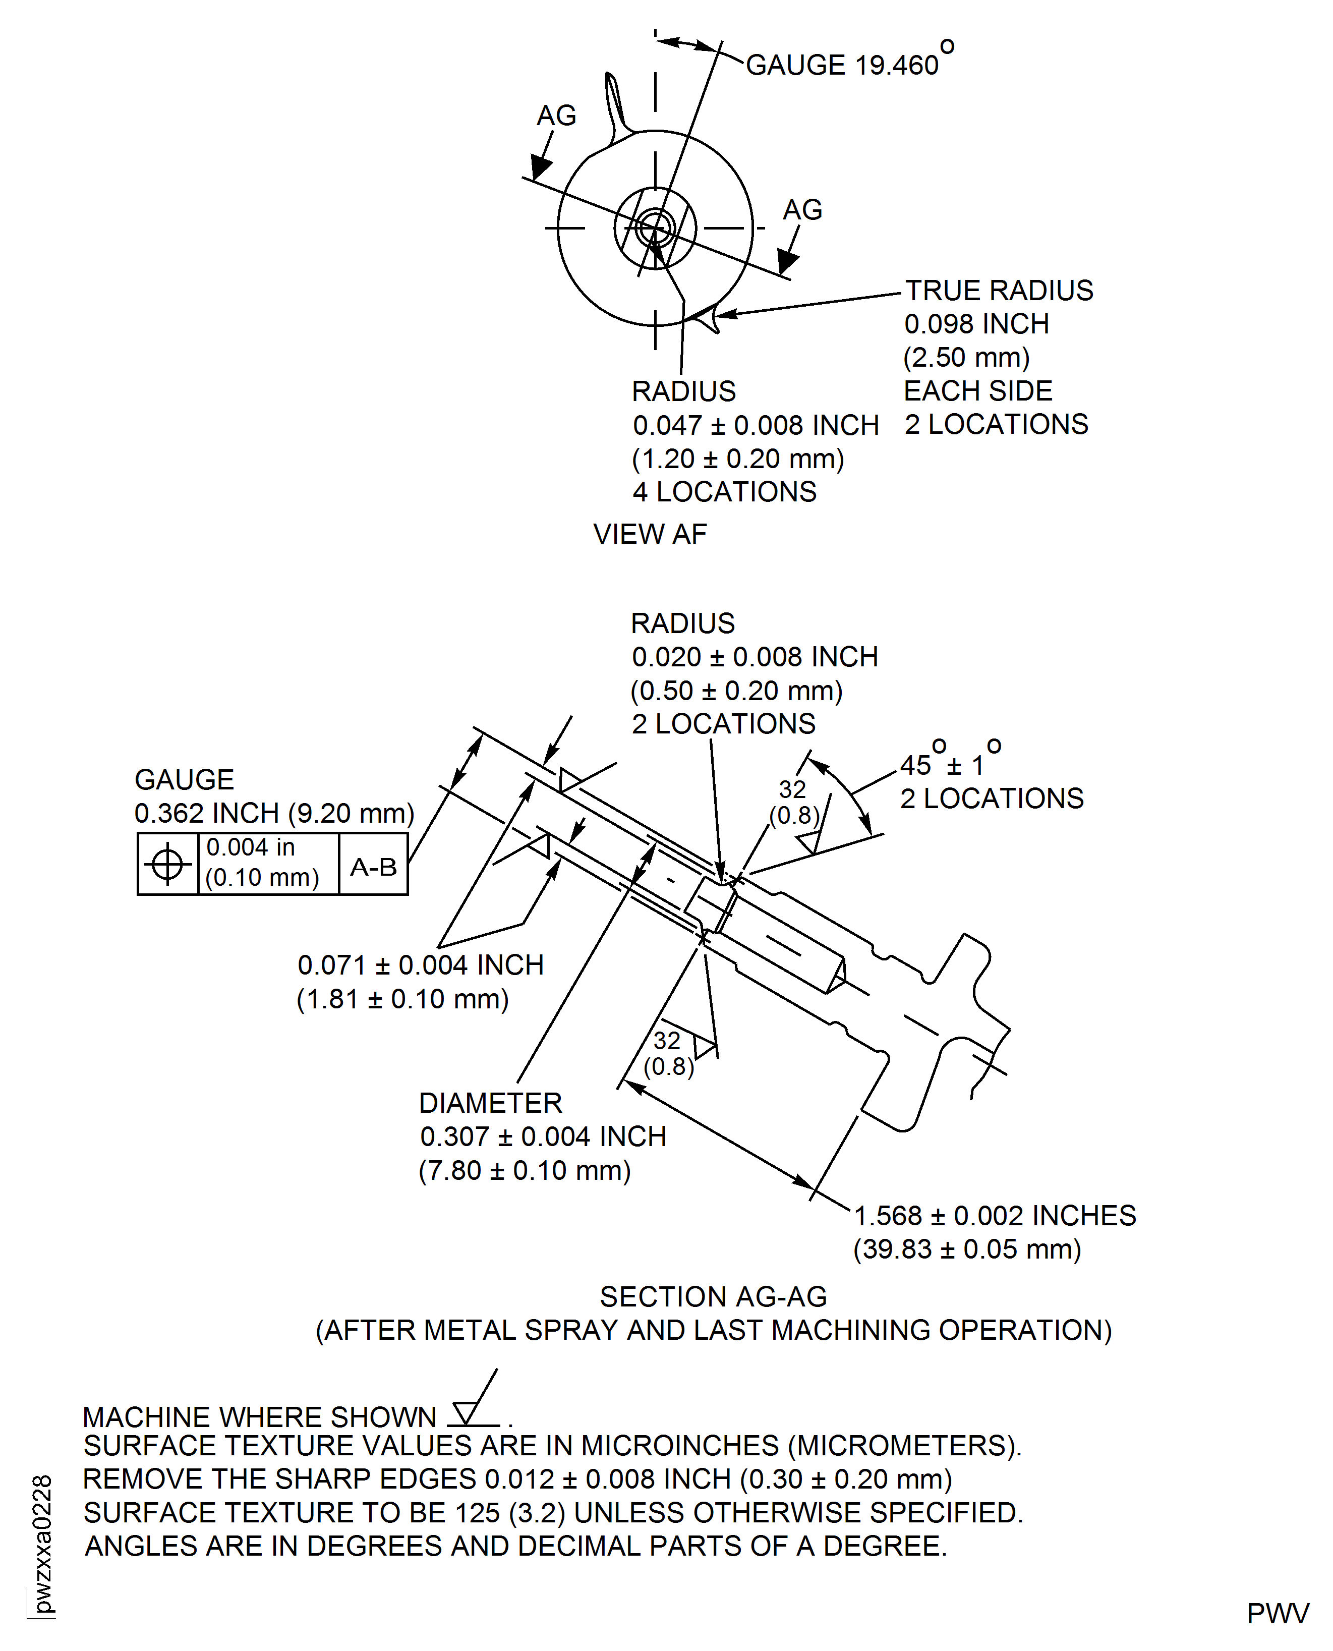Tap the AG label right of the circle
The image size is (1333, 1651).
coord(802,210)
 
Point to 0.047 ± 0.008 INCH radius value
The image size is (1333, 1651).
coord(755,425)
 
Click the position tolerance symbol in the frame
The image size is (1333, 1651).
coord(167,864)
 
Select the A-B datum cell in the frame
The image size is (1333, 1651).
coord(373,867)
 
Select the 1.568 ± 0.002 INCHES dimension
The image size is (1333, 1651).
coord(995,1216)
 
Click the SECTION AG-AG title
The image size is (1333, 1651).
coord(713,1297)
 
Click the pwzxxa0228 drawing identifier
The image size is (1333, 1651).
coord(42,1544)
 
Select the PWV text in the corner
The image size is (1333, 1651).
coord(1277,1613)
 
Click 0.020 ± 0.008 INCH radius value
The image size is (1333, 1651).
coord(754,657)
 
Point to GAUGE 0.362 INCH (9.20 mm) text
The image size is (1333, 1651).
coord(274,813)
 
